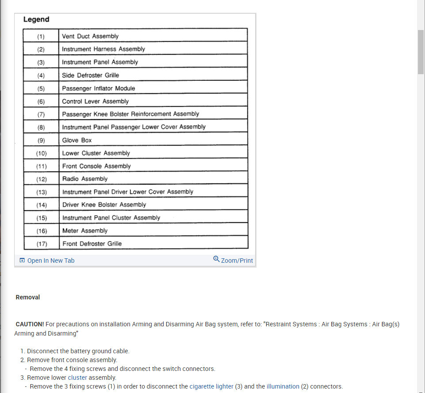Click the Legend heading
36,19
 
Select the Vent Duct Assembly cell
90,36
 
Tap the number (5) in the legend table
41,88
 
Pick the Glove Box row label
77,140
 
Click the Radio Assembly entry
85,179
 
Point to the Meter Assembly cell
85,231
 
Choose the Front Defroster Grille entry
92,244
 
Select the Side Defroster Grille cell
91,75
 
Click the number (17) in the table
42,244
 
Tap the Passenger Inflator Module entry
99,88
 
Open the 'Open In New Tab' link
50,261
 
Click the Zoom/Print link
237,261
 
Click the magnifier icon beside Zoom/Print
216,259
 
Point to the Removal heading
28,297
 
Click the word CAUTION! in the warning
30,324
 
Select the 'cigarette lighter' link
211,386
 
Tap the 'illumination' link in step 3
283,386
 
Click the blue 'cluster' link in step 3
77,378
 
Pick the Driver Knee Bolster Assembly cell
104,204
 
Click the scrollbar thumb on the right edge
421,52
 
